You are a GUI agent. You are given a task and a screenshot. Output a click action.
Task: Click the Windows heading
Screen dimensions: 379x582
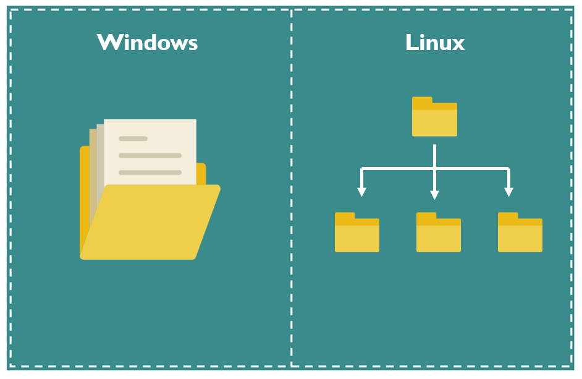pyautogui.click(x=147, y=42)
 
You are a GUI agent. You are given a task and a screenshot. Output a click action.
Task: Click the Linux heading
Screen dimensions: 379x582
pyautogui.click(x=435, y=42)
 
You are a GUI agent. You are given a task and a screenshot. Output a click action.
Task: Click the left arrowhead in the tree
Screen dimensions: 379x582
pyautogui.click(x=362, y=192)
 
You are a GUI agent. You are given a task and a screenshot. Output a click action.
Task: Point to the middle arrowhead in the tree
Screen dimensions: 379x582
pyautogui.click(x=434, y=194)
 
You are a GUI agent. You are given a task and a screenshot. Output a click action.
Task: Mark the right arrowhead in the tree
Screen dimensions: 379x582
pyautogui.click(x=508, y=192)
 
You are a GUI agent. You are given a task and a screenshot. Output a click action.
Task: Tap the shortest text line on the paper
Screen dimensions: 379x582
pyautogui.click(x=133, y=138)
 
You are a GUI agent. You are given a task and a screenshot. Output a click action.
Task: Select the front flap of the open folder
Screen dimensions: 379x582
pyautogui.click(x=150, y=223)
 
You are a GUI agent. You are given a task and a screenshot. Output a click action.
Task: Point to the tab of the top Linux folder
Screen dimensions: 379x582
pyautogui.click(x=422, y=100)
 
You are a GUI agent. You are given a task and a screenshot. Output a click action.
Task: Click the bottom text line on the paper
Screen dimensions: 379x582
pyautogui.click(x=150, y=172)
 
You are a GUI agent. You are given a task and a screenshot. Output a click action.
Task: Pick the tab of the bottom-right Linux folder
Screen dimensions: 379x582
pyautogui.click(x=508, y=216)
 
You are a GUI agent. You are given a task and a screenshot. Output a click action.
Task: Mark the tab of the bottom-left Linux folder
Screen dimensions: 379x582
pyautogui.click(x=345, y=216)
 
